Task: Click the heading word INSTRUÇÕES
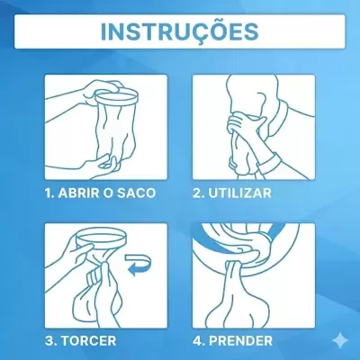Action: pyautogui.click(x=179, y=30)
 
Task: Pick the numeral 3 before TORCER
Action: pyautogui.click(x=48, y=343)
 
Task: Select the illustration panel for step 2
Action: pyautogui.click(x=255, y=126)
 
